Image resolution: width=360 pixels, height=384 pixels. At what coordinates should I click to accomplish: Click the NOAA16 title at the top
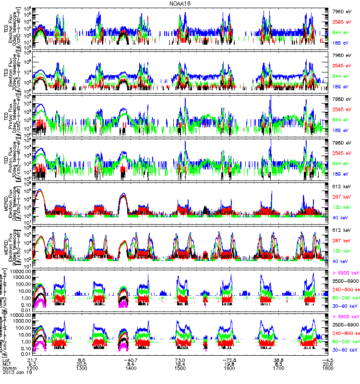(x=180, y=3)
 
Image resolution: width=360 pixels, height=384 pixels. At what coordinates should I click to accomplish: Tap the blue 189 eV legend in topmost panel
(x=342, y=43)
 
